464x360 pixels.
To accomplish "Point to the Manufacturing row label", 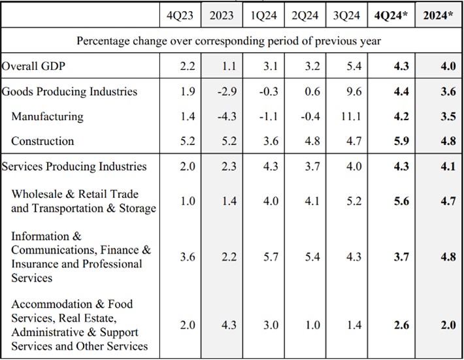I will (47, 117).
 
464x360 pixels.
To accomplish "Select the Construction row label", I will (42, 141).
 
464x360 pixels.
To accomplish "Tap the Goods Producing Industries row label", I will (69, 91).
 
